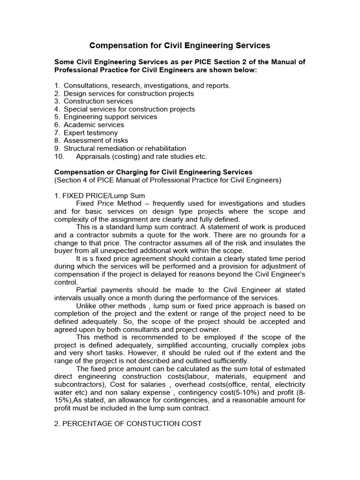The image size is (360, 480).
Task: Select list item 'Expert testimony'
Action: (x=90, y=133)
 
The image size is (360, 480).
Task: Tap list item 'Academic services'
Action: (x=94, y=125)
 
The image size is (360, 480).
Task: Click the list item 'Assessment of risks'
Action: (x=96, y=140)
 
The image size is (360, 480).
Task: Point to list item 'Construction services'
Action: (x=98, y=101)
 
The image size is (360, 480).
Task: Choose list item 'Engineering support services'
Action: (x=110, y=117)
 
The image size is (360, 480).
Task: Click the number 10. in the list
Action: (x=60, y=156)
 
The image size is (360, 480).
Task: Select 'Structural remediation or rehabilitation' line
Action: (x=125, y=148)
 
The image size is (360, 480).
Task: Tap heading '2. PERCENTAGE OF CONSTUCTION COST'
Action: (x=128, y=423)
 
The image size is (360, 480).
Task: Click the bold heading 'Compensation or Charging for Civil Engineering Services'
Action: (x=153, y=172)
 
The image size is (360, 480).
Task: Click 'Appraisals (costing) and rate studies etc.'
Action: (x=141, y=156)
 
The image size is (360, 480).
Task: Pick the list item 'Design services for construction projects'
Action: (x=128, y=93)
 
